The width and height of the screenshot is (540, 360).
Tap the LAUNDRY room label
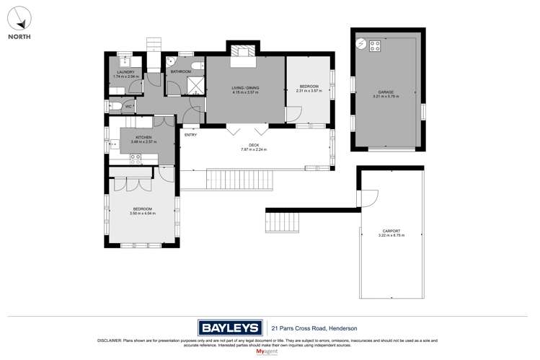(x=125, y=72)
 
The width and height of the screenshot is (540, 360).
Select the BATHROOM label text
(x=181, y=71)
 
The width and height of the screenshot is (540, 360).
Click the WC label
(x=128, y=107)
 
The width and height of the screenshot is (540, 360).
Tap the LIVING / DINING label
(x=245, y=88)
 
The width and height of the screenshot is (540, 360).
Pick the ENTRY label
(x=190, y=135)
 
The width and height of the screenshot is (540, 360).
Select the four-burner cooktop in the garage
(x=375, y=45)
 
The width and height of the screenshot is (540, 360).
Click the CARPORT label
(x=391, y=232)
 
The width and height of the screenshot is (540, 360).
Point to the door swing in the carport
(x=369, y=197)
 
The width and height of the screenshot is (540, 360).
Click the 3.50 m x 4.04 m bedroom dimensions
(x=142, y=214)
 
